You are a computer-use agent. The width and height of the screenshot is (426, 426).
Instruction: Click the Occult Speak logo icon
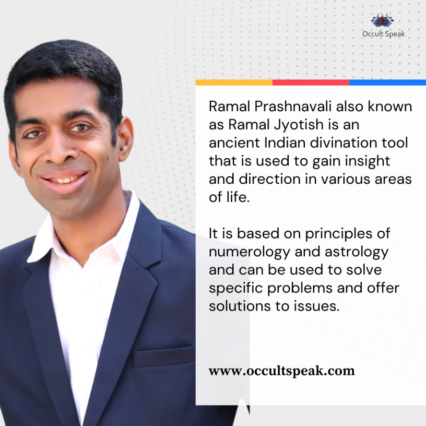383,21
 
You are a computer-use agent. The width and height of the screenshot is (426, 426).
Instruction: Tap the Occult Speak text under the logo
383,34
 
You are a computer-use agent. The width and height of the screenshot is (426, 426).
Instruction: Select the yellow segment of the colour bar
234,82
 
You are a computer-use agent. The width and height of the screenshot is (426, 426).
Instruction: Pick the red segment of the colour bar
311,82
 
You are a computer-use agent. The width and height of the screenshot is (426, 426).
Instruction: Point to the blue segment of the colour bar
387,82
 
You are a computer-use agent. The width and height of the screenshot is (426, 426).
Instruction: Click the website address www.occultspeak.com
281,371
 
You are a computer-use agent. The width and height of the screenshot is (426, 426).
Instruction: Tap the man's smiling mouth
64,181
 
